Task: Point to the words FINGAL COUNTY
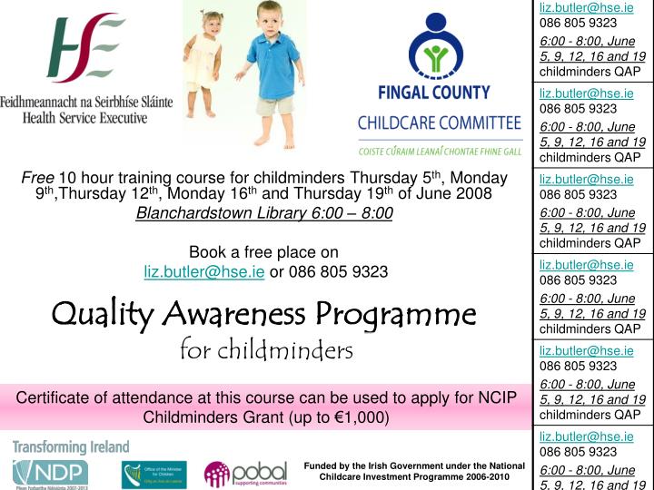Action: click(x=432, y=93)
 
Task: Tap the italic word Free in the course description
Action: click(x=37, y=177)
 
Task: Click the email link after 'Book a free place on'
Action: click(x=204, y=271)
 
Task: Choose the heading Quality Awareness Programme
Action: click(x=263, y=314)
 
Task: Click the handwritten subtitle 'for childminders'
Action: click(x=266, y=349)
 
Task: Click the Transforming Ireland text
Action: click(x=71, y=447)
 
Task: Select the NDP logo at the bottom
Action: click(x=50, y=473)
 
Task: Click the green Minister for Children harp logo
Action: click(x=154, y=475)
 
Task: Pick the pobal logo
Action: click(x=244, y=474)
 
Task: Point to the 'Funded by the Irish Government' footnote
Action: click(x=414, y=471)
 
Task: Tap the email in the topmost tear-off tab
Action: click(x=586, y=7)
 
